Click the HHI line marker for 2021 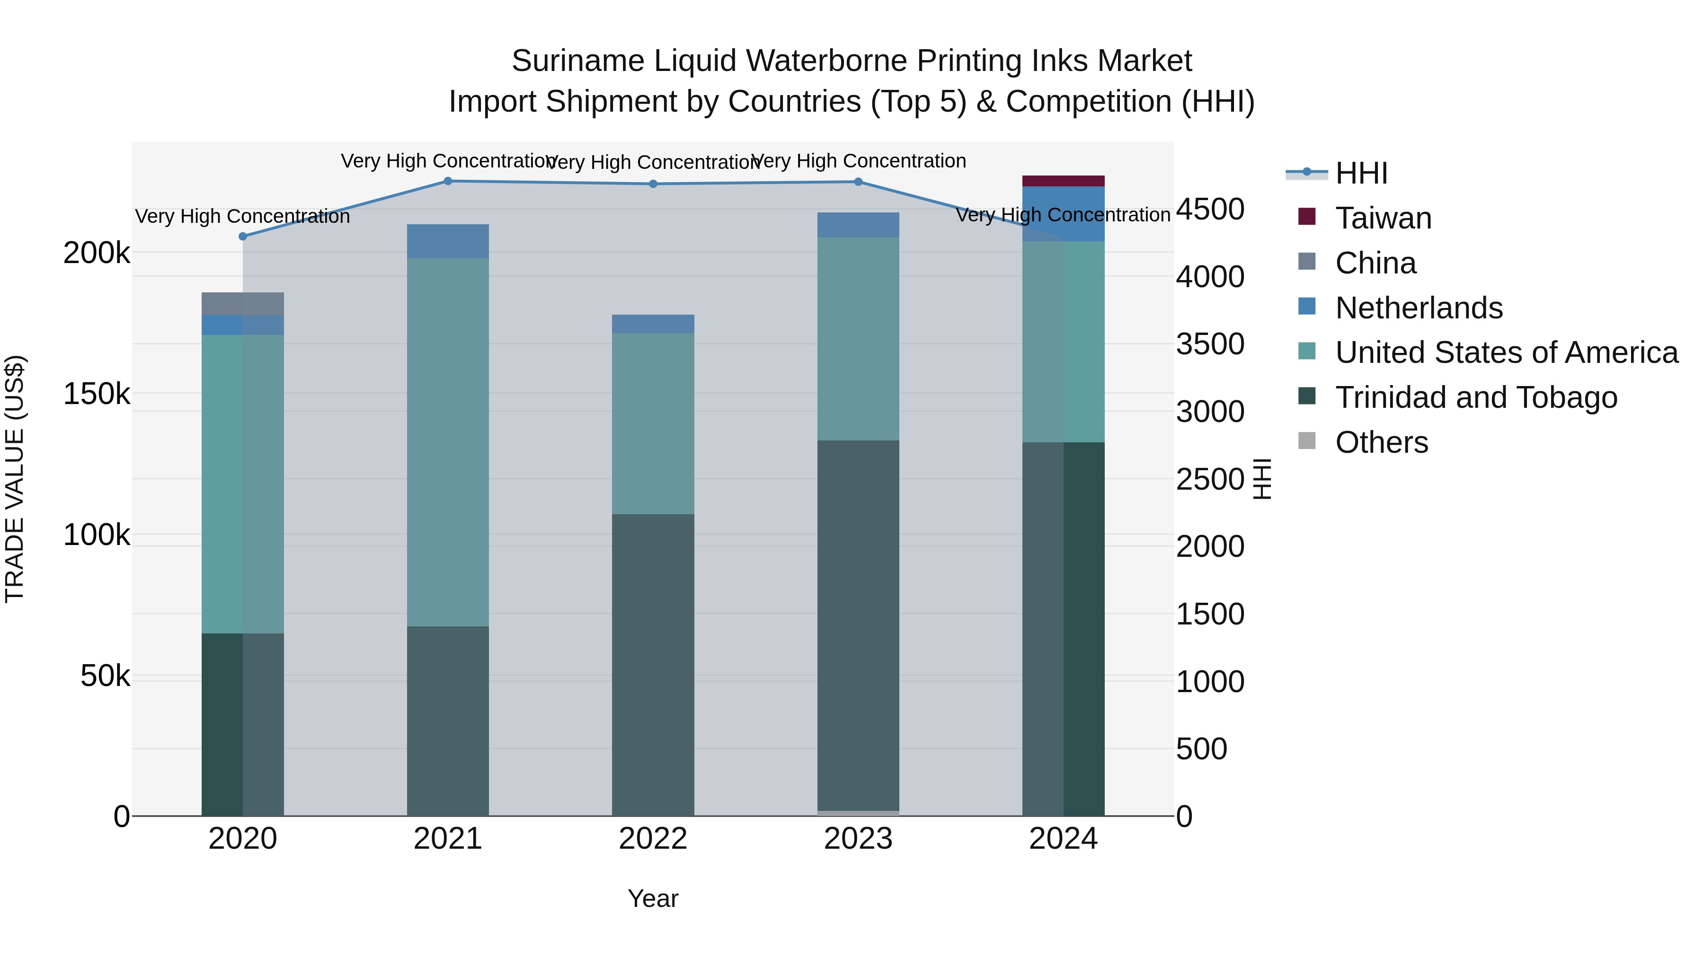coord(448,181)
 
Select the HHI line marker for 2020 coord(243,237)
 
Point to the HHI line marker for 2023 coord(858,182)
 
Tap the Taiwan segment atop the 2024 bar coord(1063,181)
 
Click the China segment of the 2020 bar coord(243,304)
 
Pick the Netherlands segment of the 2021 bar coord(448,241)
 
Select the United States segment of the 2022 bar coord(653,423)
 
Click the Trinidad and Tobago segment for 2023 coord(858,625)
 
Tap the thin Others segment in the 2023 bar coord(858,813)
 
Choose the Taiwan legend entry coord(1383,218)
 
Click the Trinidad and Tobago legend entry coord(1475,397)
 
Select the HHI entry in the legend coord(1361,173)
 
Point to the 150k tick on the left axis coord(97,394)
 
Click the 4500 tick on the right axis coord(1210,210)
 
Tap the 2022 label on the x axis coord(653,839)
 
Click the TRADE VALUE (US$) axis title coord(15,479)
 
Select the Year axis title coord(653,898)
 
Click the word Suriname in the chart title coord(577,61)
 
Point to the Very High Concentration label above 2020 coord(243,216)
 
